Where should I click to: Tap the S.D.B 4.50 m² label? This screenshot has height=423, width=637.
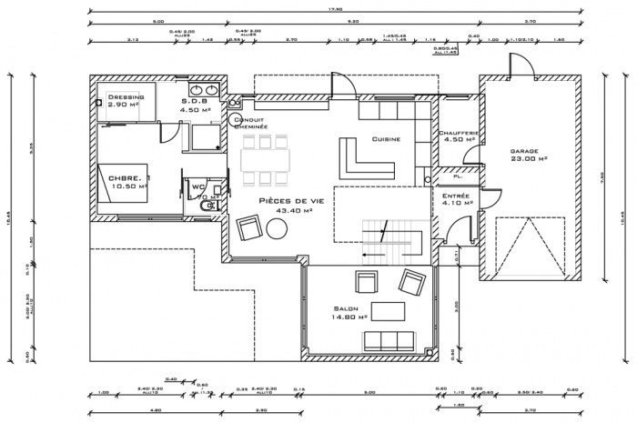(x=196, y=106)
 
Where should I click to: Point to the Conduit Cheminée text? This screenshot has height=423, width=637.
(x=250, y=124)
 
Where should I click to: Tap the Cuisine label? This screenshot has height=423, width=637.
(x=386, y=139)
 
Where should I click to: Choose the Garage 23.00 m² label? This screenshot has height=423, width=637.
(x=528, y=156)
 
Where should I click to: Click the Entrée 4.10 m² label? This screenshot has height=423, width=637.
(x=456, y=200)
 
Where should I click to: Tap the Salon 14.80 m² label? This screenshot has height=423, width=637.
(x=349, y=314)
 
